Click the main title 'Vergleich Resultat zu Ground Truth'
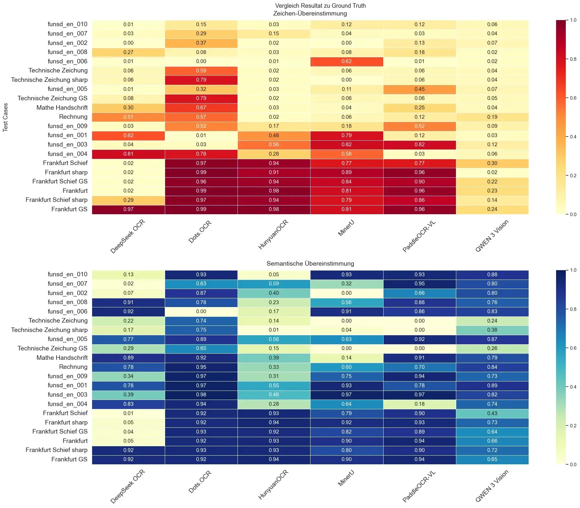320,6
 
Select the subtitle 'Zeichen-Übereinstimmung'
310,14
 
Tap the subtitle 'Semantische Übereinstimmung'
310,263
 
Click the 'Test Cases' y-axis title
5,117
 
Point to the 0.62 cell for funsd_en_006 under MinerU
346,61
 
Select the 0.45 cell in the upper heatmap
419,89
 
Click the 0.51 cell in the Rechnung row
128,117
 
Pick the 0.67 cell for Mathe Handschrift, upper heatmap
201,107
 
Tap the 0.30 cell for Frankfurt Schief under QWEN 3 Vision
492,163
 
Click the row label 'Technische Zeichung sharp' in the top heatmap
49,80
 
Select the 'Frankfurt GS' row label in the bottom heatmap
69,459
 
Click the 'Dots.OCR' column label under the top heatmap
200,232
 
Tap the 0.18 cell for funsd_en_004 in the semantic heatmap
419,404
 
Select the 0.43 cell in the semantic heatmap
492,413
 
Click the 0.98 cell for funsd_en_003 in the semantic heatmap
201,394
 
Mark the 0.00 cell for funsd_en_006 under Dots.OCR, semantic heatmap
201,311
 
